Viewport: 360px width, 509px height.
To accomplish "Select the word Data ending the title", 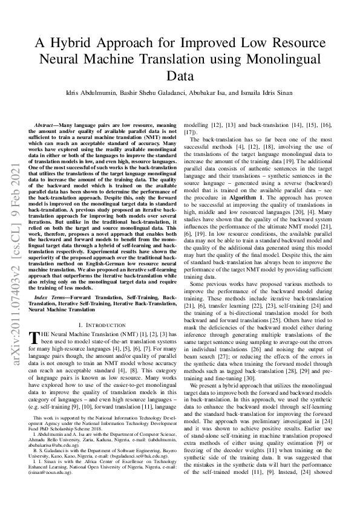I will click(x=180, y=76).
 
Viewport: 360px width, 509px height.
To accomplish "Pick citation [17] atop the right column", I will click(x=189, y=131).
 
